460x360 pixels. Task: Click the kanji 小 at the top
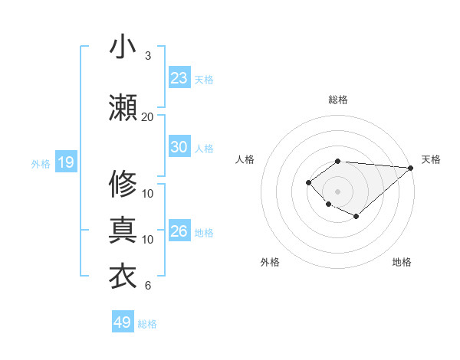[x=123, y=47]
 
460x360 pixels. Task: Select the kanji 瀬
[x=123, y=108]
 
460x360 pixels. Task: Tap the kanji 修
[x=123, y=184]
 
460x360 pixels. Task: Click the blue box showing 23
[x=179, y=78]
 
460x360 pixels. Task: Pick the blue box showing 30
[x=179, y=147]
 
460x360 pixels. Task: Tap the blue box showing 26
[x=179, y=231]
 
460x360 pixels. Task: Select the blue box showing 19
[x=65, y=162]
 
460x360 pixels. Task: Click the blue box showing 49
[x=123, y=322]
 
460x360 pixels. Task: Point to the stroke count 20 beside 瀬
[x=147, y=116]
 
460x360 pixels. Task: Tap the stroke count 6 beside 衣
[x=147, y=286]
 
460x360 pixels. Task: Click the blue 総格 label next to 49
[x=148, y=324]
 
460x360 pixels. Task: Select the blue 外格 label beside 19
[x=41, y=163]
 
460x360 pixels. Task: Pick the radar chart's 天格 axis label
[x=431, y=159]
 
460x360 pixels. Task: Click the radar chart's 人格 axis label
[x=245, y=159]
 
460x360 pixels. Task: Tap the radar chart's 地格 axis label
[x=402, y=263]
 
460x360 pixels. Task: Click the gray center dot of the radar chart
[x=337, y=191]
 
